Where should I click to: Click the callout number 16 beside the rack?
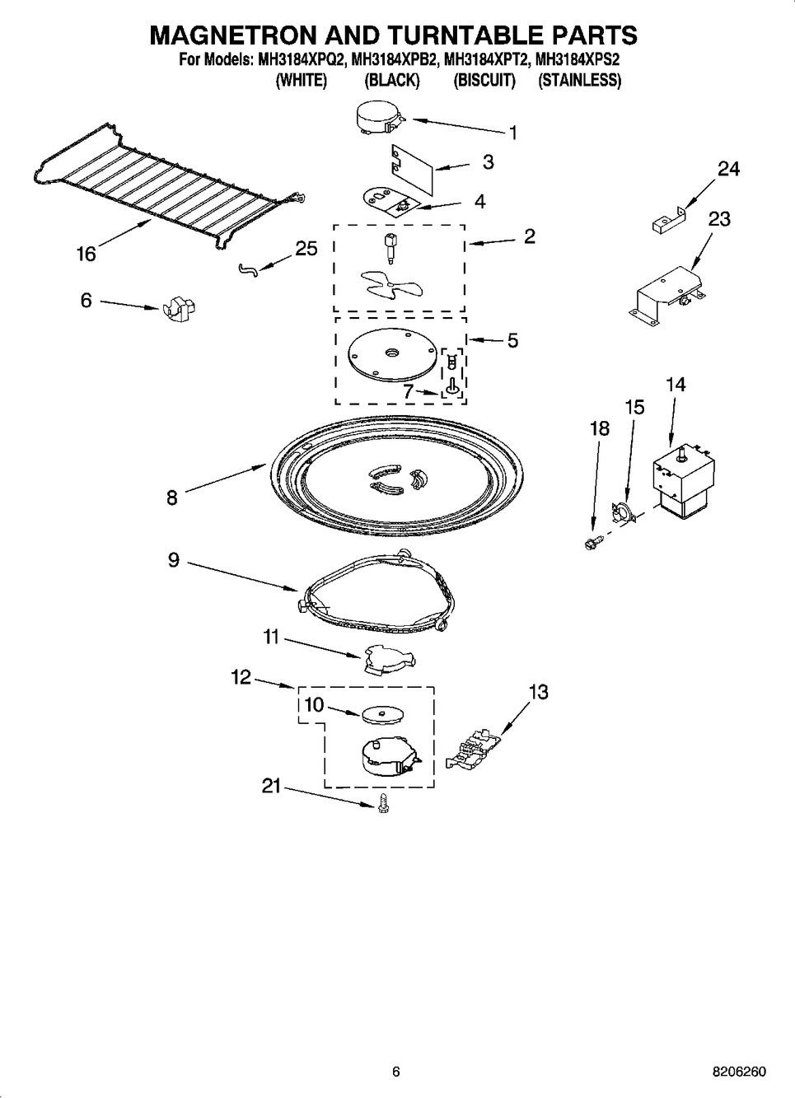pos(87,254)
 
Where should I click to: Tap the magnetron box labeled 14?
pos(680,484)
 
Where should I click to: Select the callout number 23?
pos(719,219)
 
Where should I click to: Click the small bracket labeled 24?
pos(665,220)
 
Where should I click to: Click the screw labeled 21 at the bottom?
pos(383,805)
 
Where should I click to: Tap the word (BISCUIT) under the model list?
pos(484,80)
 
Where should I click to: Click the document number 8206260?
pos(738,1072)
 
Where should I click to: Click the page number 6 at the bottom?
pos(395,1072)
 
